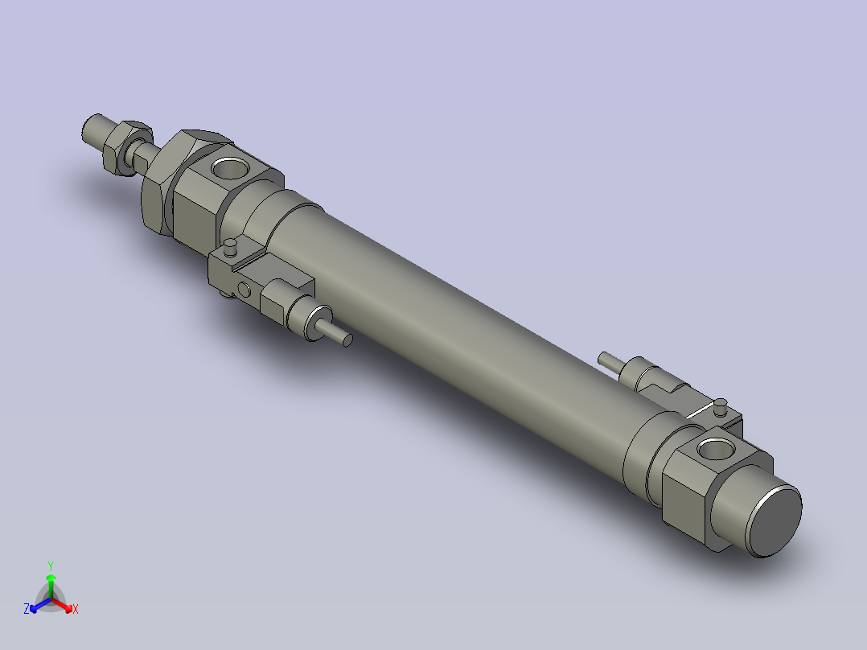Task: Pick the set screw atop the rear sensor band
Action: [721, 404]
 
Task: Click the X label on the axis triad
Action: [76, 609]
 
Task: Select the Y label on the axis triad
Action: [51, 566]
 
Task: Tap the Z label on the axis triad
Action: [27, 609]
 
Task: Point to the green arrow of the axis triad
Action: [51, 582]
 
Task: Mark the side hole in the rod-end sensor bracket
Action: [244, 290]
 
